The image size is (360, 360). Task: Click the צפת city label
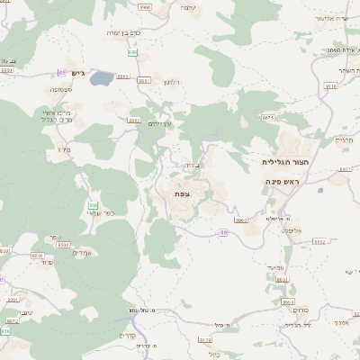(x=184, y=193)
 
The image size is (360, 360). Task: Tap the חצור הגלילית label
(x=281, y=163)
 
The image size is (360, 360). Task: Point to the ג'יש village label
(x=78, y=73)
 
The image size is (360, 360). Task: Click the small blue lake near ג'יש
(x=102, y=78)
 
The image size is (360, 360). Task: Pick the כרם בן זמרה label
(x=125, y=32)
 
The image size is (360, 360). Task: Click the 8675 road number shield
(x=268, y=117)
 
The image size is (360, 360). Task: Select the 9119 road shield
(x=330, y=86)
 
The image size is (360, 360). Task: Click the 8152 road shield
(x=319, y=241)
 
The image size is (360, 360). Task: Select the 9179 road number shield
(x=205, y=340)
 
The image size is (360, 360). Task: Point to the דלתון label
(x=174, y=83)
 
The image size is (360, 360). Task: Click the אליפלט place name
(x=291, y=230)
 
